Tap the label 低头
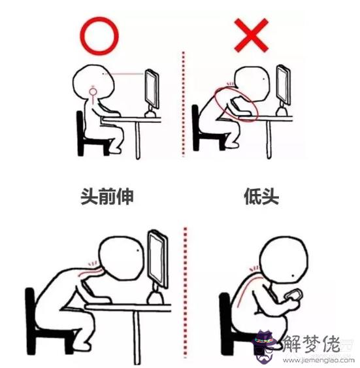coord(257,195)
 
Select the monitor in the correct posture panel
coord(152,92)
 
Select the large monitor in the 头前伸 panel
coord(157,261)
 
